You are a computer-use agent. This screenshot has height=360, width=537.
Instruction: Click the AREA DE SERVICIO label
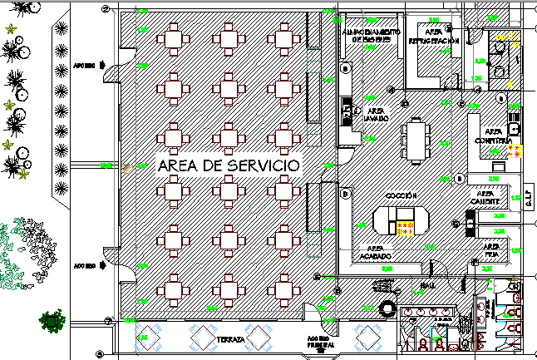[227, 166]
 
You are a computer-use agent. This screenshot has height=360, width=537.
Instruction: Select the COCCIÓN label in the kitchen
[401, 195]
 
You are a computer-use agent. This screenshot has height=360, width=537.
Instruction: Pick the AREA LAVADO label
[376, 115]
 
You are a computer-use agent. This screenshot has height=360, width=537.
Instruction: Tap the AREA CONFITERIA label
[494, 136]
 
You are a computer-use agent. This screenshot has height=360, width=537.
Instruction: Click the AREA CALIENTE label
[485, 199]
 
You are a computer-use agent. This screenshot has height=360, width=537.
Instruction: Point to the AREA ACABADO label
[375, 253]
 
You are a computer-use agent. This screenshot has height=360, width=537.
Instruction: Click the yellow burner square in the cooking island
[405, 229]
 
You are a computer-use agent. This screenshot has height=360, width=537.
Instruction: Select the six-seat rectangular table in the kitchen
[415, 141]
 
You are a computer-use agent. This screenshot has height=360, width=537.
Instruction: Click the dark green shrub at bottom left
[53, 320]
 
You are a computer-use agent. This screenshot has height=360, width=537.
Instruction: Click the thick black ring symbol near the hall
[387, 308]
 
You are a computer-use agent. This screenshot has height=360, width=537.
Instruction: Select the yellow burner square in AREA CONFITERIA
[515, 151]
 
